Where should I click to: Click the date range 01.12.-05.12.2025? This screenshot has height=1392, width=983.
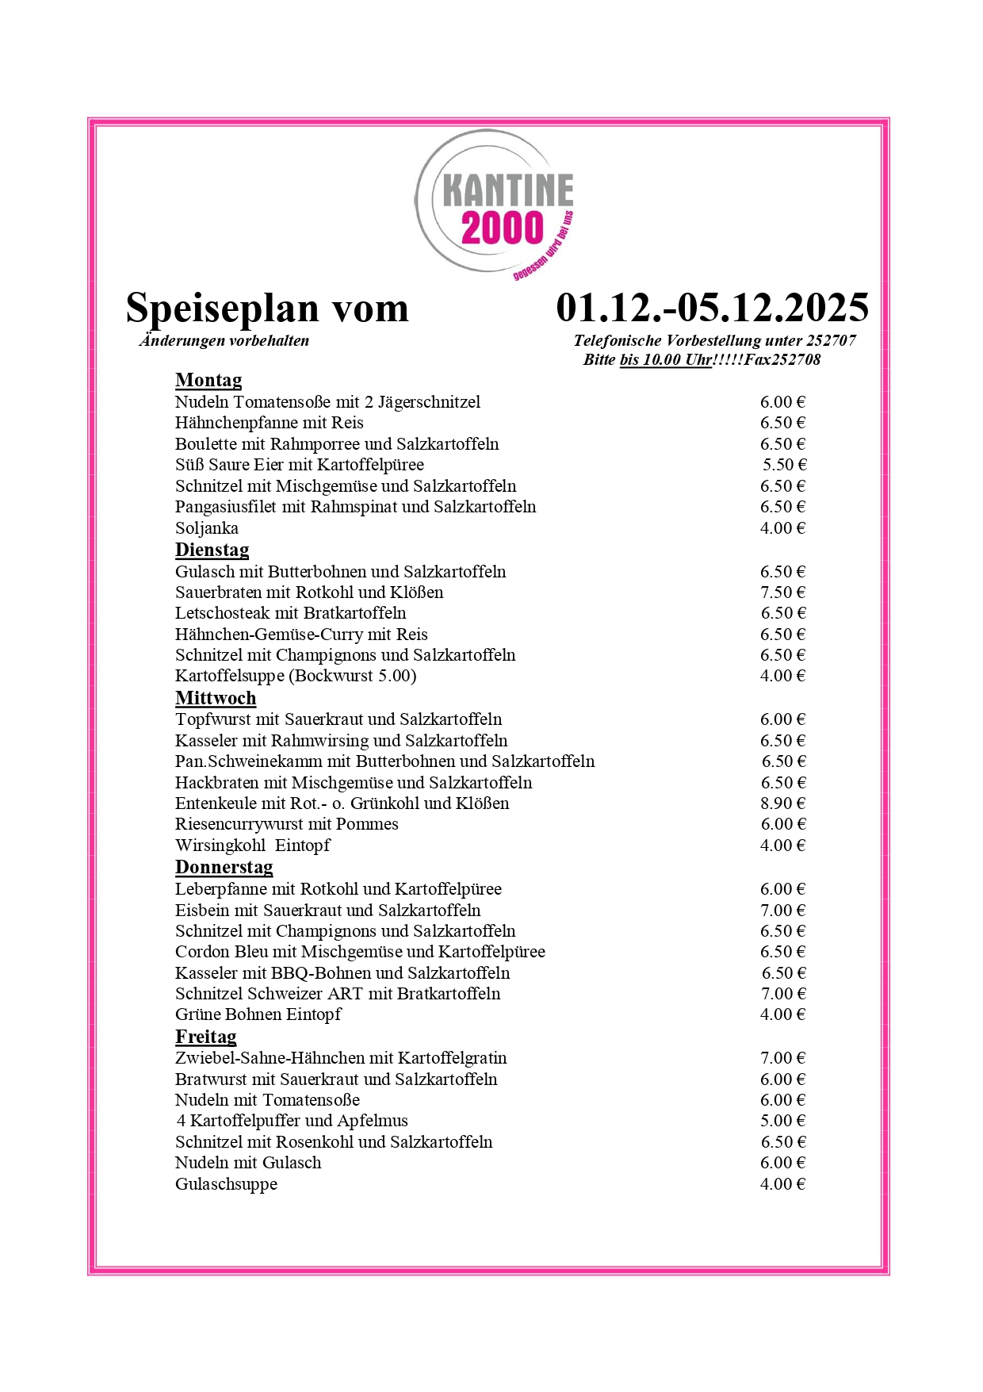pos(712,308)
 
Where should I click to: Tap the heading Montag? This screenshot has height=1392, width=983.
pos(208,381)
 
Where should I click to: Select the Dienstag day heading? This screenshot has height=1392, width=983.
pos(212,550)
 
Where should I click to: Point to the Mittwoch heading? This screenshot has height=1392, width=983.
pos(216,699)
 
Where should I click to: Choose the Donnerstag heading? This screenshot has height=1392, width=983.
pos(224,868)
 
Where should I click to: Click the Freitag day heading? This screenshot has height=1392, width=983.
pos(205,1037)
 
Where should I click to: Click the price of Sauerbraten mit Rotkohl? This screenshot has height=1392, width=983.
pos(782,592)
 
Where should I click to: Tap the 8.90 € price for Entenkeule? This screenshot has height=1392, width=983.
pos(782,803)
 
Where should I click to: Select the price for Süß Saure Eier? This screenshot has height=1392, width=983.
pos(784,465)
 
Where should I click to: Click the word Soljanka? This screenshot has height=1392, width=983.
pos(206,528)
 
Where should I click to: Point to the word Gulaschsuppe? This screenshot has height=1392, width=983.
pos(226,1184)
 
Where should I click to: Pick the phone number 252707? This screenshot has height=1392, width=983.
pos(831,341)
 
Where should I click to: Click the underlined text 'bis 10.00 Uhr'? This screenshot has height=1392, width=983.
pos(666,360)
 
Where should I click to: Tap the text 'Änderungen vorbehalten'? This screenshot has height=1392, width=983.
pos(224,341)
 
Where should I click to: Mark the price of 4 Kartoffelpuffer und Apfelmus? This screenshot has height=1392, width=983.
pos(782,1121)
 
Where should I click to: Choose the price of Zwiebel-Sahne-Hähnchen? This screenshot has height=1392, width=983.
pos(782,1058)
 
